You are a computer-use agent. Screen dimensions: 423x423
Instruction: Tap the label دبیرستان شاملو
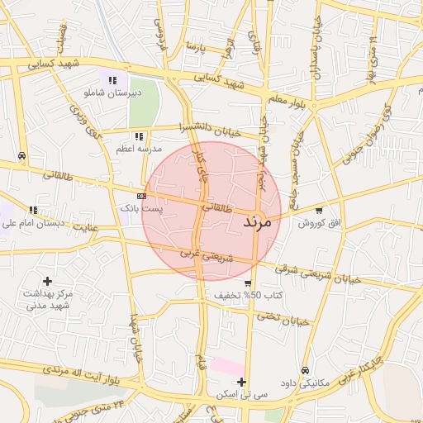113,93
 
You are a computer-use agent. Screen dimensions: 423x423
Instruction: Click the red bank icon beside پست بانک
142,196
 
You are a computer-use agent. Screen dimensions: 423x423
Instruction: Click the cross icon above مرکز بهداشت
47,282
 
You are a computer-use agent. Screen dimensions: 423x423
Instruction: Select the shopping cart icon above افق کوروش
319,211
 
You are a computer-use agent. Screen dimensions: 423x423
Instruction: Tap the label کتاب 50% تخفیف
249,295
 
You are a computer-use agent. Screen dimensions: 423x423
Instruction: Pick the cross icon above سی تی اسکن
241,382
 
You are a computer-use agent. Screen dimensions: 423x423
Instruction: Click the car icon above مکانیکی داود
306,370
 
